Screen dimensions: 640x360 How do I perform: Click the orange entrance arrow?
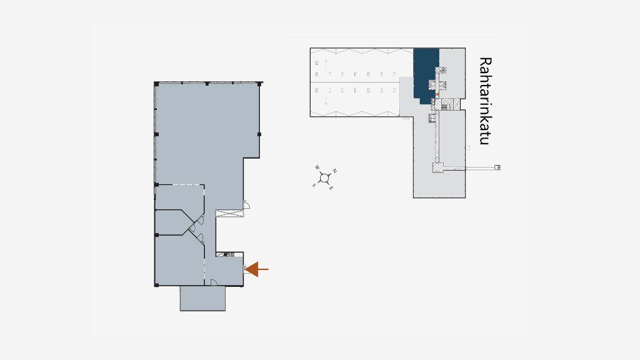(x=256, y=269)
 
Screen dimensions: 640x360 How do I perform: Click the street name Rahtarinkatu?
(x=485, y=101)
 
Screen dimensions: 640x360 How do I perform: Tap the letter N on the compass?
(x=335, y=171)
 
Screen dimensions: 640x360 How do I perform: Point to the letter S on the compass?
(x=314, y=185)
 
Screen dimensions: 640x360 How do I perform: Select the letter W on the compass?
(x=317, y=167)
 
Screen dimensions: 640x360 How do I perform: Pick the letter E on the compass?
(x=331, y=187)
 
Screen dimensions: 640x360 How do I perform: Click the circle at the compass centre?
(x=324, y=178)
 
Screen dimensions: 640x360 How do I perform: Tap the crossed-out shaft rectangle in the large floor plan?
(x=229, y=213)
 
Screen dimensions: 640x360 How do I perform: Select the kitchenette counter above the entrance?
(x=225, y=254)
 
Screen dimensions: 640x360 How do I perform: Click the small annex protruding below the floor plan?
(x=203, y=298)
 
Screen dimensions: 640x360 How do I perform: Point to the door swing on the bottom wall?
(x=214, y=282)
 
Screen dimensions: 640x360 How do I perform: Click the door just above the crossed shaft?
(x=246, y=204)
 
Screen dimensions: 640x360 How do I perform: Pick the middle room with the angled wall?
(x=171, y=222)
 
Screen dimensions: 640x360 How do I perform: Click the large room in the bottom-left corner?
(x=179, y=261)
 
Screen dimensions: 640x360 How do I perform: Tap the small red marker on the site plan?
(x=436, y=95)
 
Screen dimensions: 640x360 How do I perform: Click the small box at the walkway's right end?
(x=497, y=167)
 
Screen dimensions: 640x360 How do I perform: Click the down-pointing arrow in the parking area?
(x=326, y=99)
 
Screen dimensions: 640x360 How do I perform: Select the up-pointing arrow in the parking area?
(x=326, y=64)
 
